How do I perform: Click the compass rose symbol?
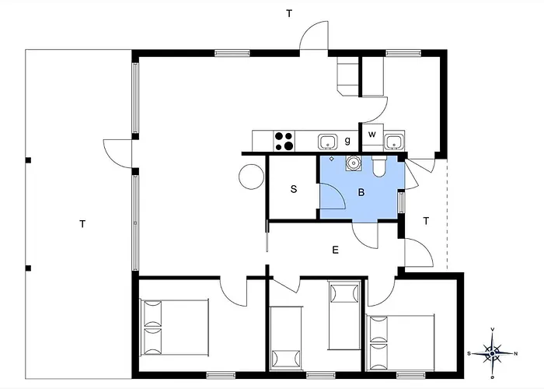[x=492, y=353]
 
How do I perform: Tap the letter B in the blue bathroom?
[x=361, y=192]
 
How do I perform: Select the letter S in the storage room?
[x=294, y=189]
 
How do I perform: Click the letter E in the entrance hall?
[x=335, y=250]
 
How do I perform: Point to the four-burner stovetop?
[x=284, y=141]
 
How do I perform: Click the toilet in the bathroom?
[x=379, y=166]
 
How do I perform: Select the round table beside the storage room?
[x=251, y=177]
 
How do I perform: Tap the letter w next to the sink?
[x=372, y=135]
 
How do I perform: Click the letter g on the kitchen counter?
[x=347, y=141]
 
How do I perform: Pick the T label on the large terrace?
[x=82, y=224]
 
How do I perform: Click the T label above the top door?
[x=288, y=13]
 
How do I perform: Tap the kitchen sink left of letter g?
[x=327, y=142]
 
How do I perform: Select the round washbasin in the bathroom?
[x=353, y=163]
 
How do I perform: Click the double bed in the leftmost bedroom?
[x=174, y=328]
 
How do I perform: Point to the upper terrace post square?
[x=29, y=160]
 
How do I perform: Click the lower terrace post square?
[x=29, y=268]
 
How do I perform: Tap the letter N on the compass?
[x=515, y=354]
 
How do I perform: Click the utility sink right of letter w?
[x=394, y=141]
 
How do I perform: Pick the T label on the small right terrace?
[x=426, y=221]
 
